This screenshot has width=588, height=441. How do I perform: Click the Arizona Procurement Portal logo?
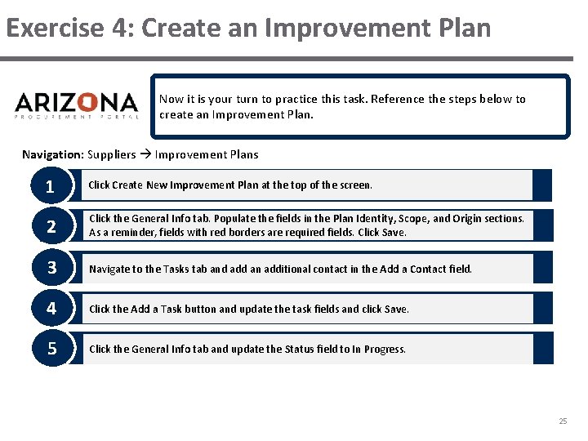point(77,105)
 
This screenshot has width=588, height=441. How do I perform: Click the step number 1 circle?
point(51,186)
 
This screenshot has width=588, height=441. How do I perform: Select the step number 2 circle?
point(51,226)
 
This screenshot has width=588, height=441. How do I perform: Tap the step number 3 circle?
point(51,268)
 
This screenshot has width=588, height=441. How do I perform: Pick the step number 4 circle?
point(51,309)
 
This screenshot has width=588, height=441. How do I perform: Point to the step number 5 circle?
point(51,349)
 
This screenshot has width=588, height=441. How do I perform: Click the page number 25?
point(562,421)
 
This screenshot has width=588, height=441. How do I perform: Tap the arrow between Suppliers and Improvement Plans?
point(145,154)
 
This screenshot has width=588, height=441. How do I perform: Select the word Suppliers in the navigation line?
point(112,154)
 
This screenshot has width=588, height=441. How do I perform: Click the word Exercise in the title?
point(54,28)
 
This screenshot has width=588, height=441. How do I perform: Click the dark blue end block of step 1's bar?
point(542,185)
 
